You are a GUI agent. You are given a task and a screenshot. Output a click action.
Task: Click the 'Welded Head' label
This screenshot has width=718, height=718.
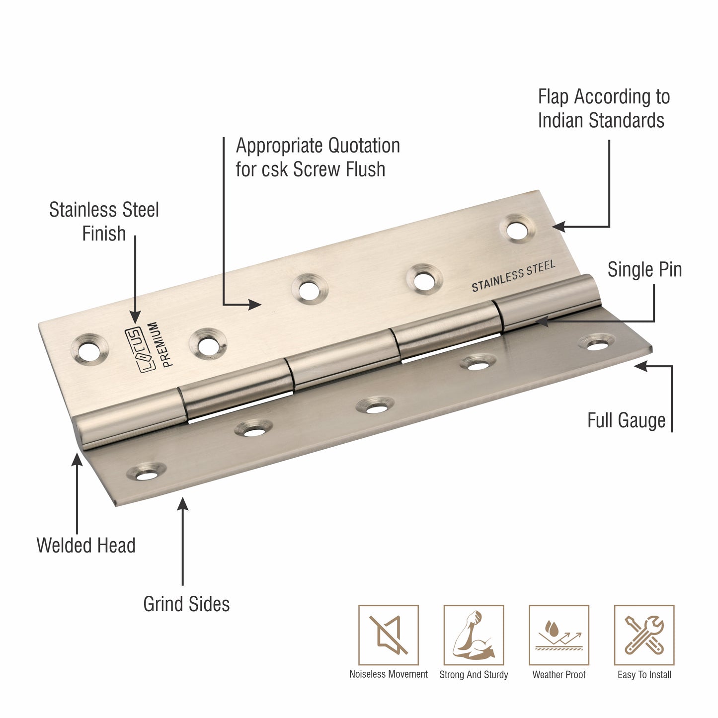pos(86,546)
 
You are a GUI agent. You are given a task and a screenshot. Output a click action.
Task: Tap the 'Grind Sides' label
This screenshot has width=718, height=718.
pos(186,604)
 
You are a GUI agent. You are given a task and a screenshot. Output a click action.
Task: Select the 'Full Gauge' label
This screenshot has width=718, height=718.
pos(626,420)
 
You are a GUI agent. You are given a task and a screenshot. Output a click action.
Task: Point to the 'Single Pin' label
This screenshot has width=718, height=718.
pos(644,270)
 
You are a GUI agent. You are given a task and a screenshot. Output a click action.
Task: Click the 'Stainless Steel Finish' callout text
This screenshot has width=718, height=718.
pos(104,222)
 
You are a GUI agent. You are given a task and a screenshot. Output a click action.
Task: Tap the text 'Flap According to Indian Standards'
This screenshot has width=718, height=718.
pos(603,108)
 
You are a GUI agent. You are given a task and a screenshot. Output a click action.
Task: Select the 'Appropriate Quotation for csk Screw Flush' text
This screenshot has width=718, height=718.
pos(318,158)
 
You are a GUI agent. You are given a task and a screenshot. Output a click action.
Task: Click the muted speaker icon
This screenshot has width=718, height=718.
pos(389,635)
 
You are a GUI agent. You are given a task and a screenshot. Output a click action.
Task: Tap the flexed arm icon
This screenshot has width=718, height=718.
pos(474,635)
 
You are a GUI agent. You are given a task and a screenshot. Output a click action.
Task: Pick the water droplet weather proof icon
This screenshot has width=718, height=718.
pos(558,635)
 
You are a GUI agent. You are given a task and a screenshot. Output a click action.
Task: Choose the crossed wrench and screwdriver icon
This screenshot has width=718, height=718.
pos(644,635)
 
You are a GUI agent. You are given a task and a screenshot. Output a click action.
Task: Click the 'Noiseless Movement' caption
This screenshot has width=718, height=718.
pos(389,674)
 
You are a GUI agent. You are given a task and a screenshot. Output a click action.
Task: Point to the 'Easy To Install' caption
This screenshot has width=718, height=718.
pos(644,675)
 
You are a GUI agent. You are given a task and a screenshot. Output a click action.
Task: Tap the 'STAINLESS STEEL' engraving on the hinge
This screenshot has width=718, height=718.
pos(513,276)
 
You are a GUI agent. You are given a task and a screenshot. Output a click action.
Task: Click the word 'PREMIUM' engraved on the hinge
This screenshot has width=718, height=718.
pos(162,344)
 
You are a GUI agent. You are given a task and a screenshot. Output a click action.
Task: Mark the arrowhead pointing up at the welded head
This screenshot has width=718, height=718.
pos(77,459)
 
